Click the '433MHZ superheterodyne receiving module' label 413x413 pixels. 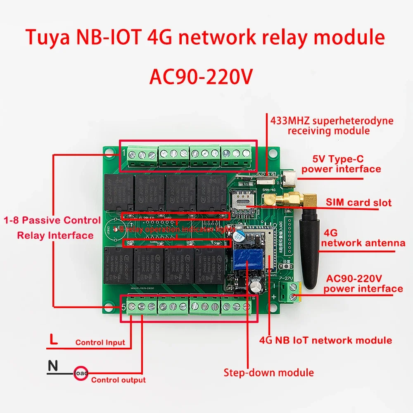click(x=332, y=126)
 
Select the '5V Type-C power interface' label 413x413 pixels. click(x=341, y=164)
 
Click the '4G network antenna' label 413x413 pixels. click(x=363, y=238)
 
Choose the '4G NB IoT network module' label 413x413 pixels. click(x=325, y=340)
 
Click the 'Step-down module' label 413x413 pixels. click(x=268, y=373)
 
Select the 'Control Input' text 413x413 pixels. click(x=100, y=342)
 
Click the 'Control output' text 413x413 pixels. click(x=118, y=380)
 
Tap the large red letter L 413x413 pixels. click(x=53, y=341)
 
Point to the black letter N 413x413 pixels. click(x=52, y=366)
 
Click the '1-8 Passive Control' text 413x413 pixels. click(x=52, y=220)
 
